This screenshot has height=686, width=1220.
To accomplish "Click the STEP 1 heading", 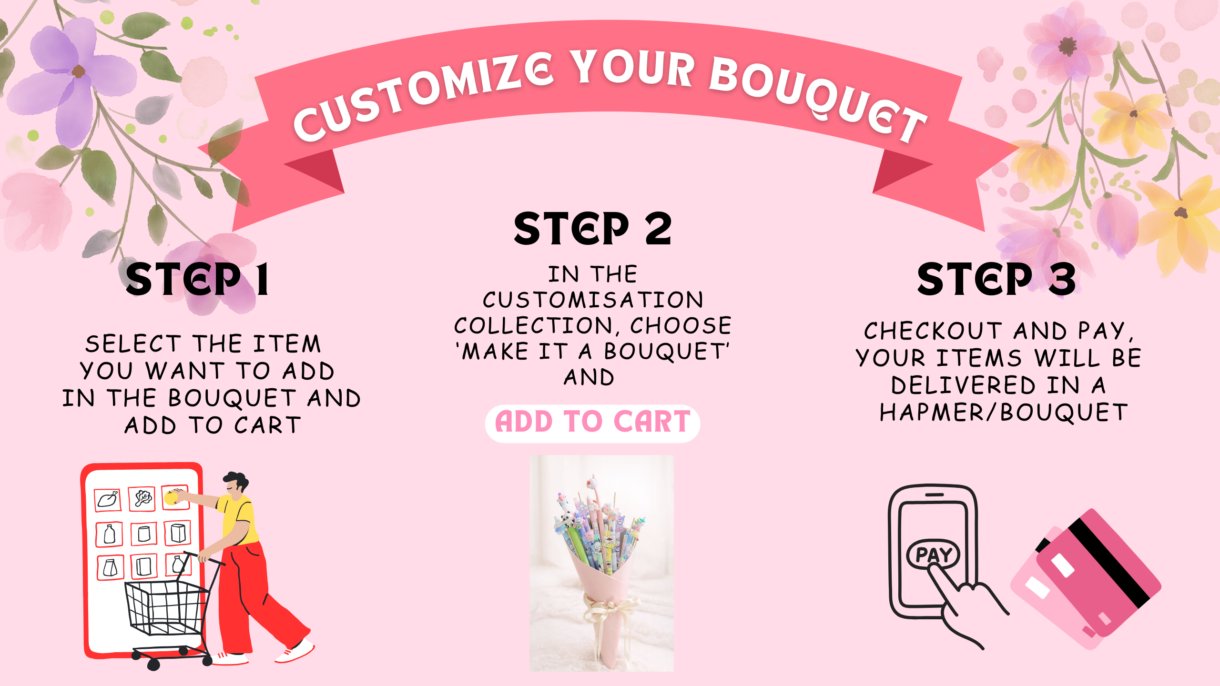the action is point(197,279).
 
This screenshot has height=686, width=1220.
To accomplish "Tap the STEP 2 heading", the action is point(593,229).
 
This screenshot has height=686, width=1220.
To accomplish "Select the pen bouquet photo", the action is point(601,563).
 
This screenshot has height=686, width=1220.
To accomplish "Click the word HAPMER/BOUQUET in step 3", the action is point(1004,413).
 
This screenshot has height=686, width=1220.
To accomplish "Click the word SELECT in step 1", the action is point(133,344).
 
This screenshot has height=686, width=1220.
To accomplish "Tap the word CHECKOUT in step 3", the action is point(933,331).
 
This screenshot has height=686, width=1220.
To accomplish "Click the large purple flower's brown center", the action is point(78,72).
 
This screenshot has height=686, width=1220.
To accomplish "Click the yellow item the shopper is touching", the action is point(172,498).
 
